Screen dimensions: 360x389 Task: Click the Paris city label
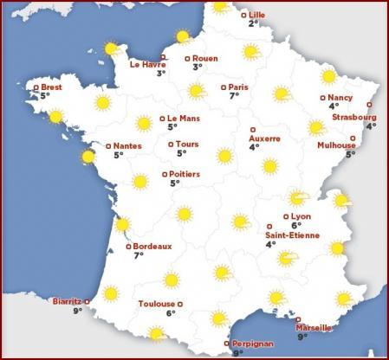click(x=238, y=87)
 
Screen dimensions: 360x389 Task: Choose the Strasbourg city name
click(x=353, y=116)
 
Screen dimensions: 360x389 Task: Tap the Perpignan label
click(x=253, y=344)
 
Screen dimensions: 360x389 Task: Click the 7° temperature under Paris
click(x=233, y=96)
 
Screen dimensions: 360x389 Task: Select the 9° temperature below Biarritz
click(x=76, y=311)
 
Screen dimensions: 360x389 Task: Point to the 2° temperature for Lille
click(x=253, y=23)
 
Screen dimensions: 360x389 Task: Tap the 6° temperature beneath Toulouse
click(x=171, y=313)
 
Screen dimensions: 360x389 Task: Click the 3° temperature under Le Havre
click(x=161, y=74)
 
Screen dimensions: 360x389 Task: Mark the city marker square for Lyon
click(x=286, y=216)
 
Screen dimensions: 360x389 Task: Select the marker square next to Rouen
click(x=187, y=58)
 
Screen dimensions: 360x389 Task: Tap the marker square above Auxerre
click(x=252, y=129)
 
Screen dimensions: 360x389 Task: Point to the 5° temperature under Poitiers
click(x=174, y=183)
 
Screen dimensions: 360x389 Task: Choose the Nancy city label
click(x=340, y=98)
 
